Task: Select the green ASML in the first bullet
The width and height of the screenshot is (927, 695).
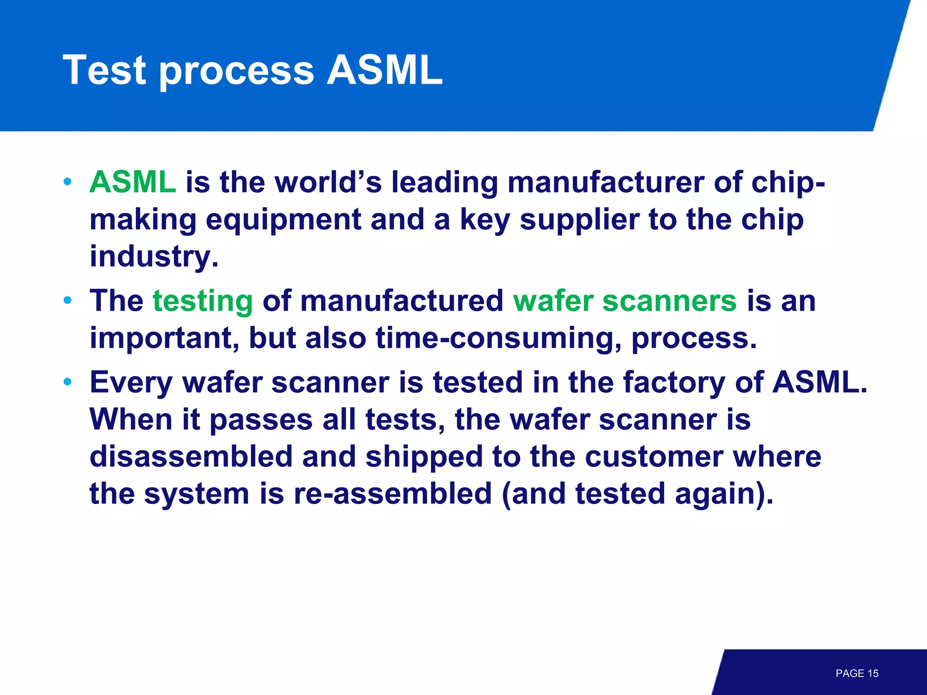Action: click(x=132, y=182)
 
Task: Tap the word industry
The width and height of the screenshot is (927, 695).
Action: click(x=154, y=257)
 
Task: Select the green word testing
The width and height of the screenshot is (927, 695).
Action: click(x=203, y=301)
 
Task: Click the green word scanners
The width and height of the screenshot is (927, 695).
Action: click(x=669, y=301)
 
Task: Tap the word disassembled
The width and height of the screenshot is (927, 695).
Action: click(x=191, y=457)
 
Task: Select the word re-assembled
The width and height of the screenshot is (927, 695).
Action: click(x=392, y=494)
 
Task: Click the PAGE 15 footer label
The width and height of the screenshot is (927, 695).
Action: click(x=856, y=673)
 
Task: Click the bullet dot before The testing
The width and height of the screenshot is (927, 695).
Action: click(x=68, y=300)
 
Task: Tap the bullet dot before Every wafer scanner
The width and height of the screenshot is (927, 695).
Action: click(x=68, y=382)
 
